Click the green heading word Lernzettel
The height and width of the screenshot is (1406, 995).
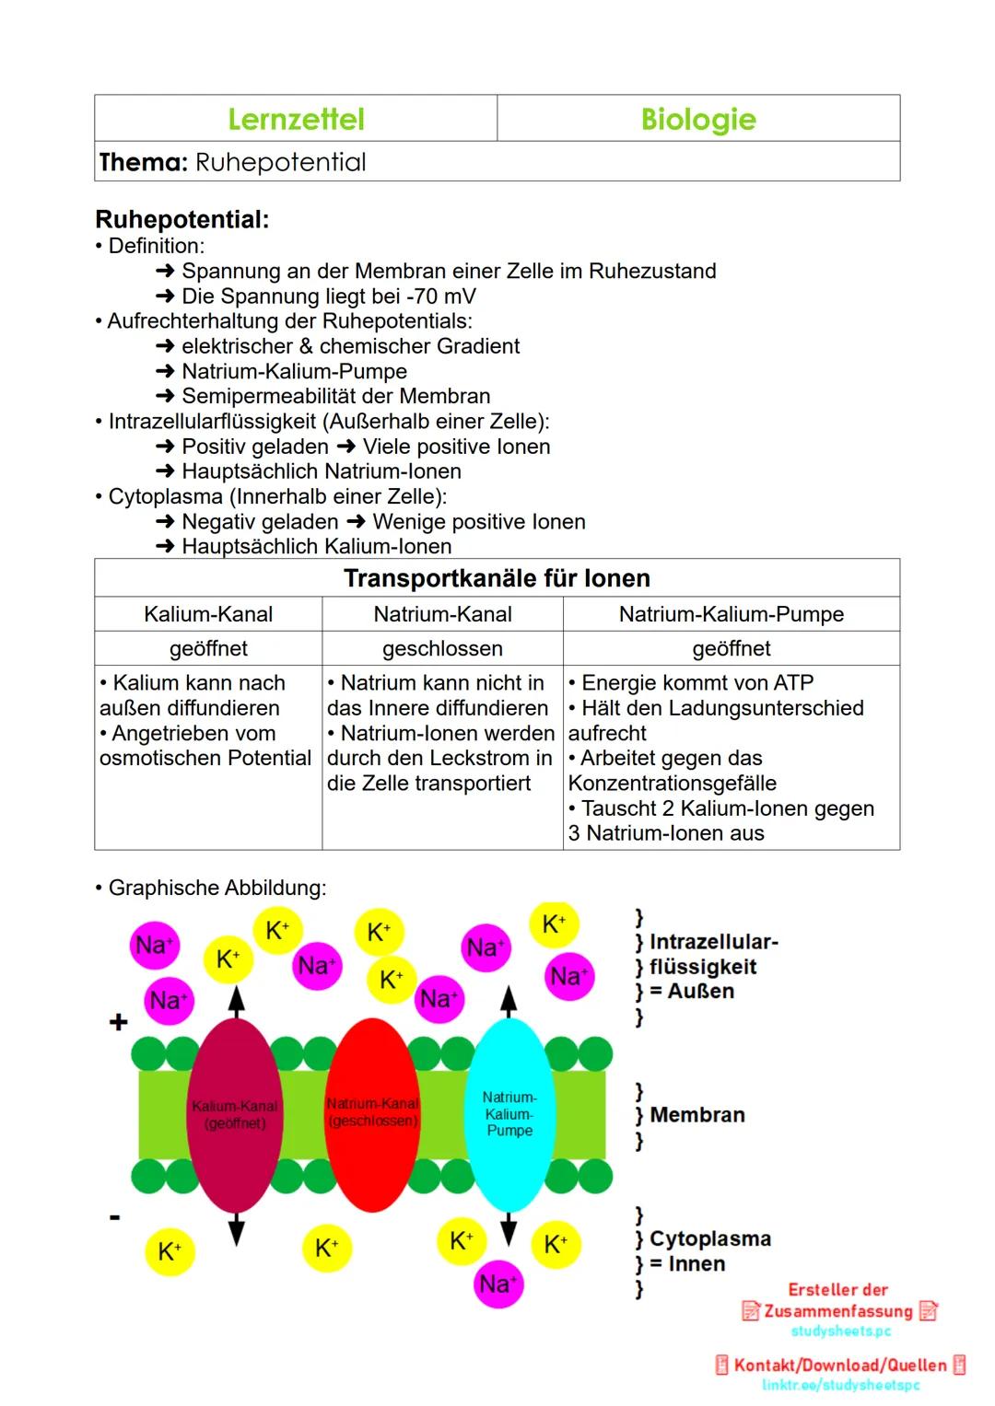click(296, 119)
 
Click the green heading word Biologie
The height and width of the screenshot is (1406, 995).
click(698, 119)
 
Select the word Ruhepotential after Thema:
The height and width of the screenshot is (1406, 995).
click(281, 162)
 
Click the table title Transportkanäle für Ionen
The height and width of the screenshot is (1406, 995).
click(497, 578)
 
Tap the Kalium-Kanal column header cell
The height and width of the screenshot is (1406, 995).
click(208, 614)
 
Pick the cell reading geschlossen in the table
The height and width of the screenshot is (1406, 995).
click(442, 648)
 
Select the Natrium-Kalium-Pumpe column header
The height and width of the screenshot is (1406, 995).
click(732, 614)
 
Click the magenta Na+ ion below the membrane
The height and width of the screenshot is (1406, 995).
click(497, 1284)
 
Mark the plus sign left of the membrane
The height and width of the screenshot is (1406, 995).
click(118, 1022)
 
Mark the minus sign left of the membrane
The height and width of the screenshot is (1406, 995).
click(115, 1217)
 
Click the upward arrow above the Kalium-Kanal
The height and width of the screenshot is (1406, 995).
click(237, 1001)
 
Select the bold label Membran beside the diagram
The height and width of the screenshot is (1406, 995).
click(696, 1115)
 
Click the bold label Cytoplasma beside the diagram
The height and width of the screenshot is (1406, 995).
click(709, 1238)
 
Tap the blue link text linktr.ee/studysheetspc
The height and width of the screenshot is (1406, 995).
click(840, 1385)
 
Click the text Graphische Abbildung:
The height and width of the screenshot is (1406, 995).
click(217, 888)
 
